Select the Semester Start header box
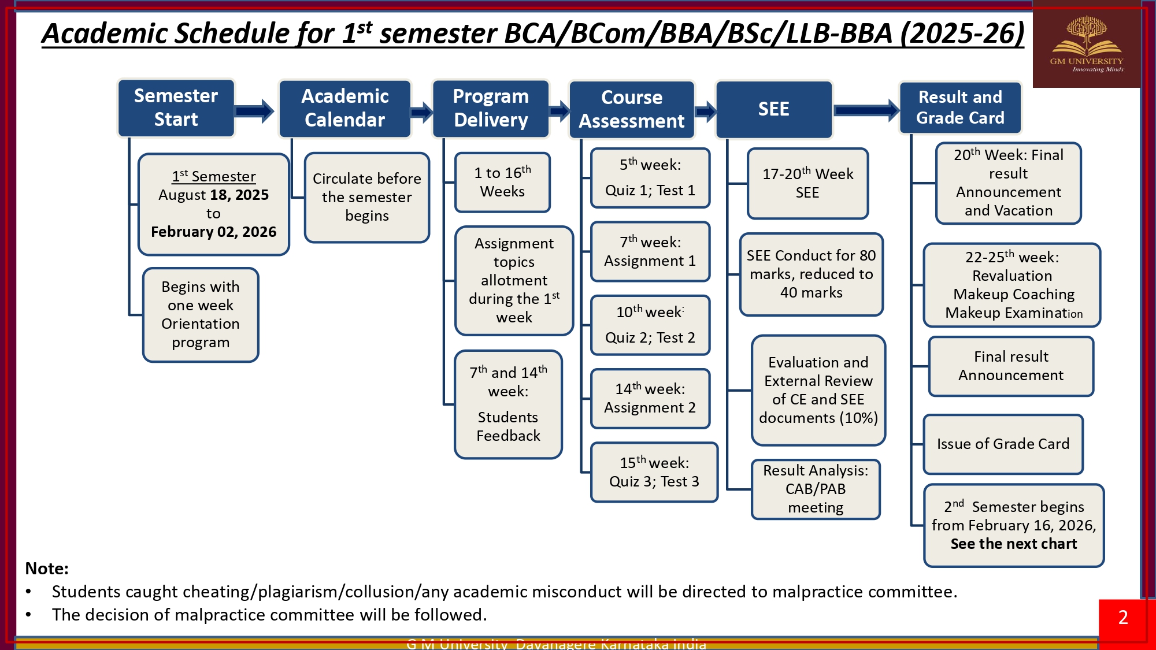pos(176,108)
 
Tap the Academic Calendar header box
pos(344,109)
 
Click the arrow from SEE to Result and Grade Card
pos(865,110)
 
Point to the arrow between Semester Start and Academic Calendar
pos(254,111)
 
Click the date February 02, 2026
pos(213,232)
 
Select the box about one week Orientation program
pos(200,315)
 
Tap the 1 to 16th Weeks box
pos(502,182)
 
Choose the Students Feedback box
pos(507,404)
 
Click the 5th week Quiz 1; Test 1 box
pos(650,178)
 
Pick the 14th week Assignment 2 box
pos(650,399)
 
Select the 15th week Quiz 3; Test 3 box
pos(654,472)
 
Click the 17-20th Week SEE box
pos(807,183)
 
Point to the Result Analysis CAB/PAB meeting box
pos(815,489)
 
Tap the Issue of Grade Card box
pos(1003,444)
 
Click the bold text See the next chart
pos(1013,544)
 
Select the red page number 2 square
pos(1122,618)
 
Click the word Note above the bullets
pos(47,569)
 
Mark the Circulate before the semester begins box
pos(366,197)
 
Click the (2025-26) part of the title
pos(962,34)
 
